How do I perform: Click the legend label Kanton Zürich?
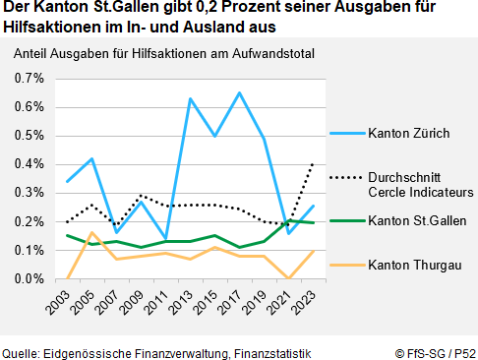(409, 132)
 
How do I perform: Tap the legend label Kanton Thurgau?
(412, 264)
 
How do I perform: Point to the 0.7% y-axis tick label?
(30, 78)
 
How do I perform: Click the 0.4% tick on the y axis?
(30, 164)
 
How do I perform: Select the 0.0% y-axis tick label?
(30, 279)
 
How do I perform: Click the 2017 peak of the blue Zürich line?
(239, 92)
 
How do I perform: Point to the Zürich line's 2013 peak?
(190, 98)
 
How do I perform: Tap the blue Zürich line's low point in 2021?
(288, 233)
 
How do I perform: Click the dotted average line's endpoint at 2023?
(313, 163)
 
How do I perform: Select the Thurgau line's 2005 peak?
(91, 233)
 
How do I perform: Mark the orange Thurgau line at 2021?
(288, 278)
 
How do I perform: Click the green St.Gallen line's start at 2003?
(67, 236)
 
